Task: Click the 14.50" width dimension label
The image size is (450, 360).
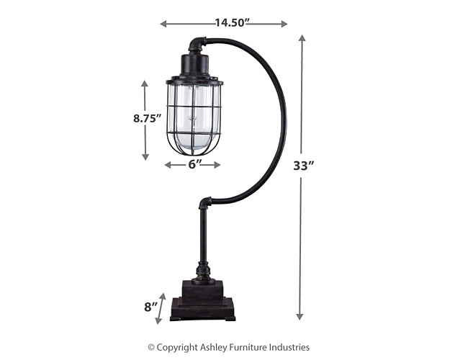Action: tap(232, 23)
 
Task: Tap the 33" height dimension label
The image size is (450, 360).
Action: tap(304, 166)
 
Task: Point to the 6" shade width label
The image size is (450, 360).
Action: tap(192, 165)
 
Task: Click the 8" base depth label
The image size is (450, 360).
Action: tap(150, 307)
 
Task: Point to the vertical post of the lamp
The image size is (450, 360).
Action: tap(204, 238)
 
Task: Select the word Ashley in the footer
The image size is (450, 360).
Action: tap(217, 347)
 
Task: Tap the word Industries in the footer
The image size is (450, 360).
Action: tap(294, 347)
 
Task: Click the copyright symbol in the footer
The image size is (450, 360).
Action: tap(152, 347)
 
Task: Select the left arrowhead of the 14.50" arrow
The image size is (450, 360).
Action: tap(163, 24)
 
